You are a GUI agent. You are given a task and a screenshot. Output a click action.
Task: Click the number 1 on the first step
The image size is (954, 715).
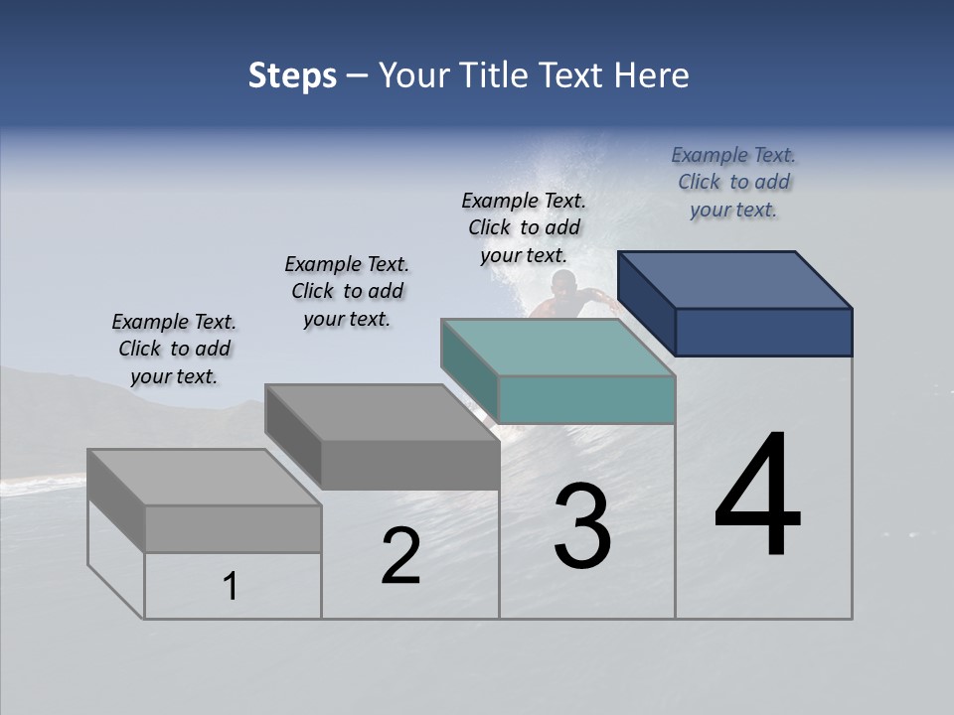[x=230, y=586]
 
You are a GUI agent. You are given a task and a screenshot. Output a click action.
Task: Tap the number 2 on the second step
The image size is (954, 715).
[x=400, y=556]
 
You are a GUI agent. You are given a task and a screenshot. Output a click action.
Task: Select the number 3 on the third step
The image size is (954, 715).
[x=582, y=526]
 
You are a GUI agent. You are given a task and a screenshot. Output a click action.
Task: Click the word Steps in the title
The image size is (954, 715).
[x=292, y=75]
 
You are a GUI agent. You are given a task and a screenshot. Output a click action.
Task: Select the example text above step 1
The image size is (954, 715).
[x=174, y=349]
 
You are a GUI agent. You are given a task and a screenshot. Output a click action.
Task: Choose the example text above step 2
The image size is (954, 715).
[x=347, y=291]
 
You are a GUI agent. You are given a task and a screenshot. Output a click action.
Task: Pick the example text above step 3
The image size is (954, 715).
[x=524, y=227]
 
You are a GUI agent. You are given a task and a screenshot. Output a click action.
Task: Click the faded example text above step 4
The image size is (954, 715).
[x=733, y=182]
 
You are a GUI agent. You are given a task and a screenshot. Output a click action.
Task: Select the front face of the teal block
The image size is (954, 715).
[x=586, y=399]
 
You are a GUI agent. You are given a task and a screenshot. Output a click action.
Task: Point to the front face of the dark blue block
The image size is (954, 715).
[x=763, y=332]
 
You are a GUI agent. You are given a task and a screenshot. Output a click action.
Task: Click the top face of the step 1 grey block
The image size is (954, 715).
[x=205, y=476]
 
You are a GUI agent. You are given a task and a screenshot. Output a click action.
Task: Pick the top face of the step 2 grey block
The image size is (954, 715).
[x=383, y=411]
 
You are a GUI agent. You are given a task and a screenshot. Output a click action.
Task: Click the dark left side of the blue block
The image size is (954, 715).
[x=647, y=303]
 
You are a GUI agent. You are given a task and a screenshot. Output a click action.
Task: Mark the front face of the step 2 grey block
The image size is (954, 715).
[x=409, y=465]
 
